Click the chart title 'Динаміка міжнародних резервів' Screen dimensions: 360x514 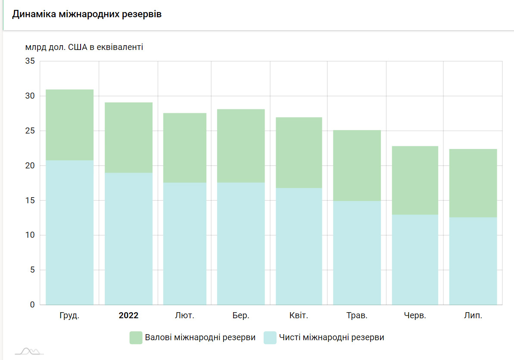[87, 14]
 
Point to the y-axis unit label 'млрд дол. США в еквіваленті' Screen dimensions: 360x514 [84, 47]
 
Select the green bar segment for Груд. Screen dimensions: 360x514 [69, 125]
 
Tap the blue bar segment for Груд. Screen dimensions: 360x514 [69, 233]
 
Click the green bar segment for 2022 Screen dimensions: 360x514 [128, 138]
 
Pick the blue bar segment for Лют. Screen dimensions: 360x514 [185, 244]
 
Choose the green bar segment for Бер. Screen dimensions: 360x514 [241, 146]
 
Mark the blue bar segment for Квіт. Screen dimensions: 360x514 [299, 246]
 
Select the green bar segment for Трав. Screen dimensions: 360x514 [357, 165]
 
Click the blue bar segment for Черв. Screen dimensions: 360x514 [415, 260]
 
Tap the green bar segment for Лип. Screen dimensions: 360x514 [473, 183]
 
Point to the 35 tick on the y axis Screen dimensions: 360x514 [30, 61]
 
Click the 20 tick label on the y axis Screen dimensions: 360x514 [30, 166]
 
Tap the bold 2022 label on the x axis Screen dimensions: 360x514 [128, 316]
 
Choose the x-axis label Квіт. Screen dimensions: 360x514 [299, 316]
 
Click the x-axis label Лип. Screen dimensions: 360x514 [473, 316]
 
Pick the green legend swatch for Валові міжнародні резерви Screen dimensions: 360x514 [136, 338]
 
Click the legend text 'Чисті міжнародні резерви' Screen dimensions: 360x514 [331, 338]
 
